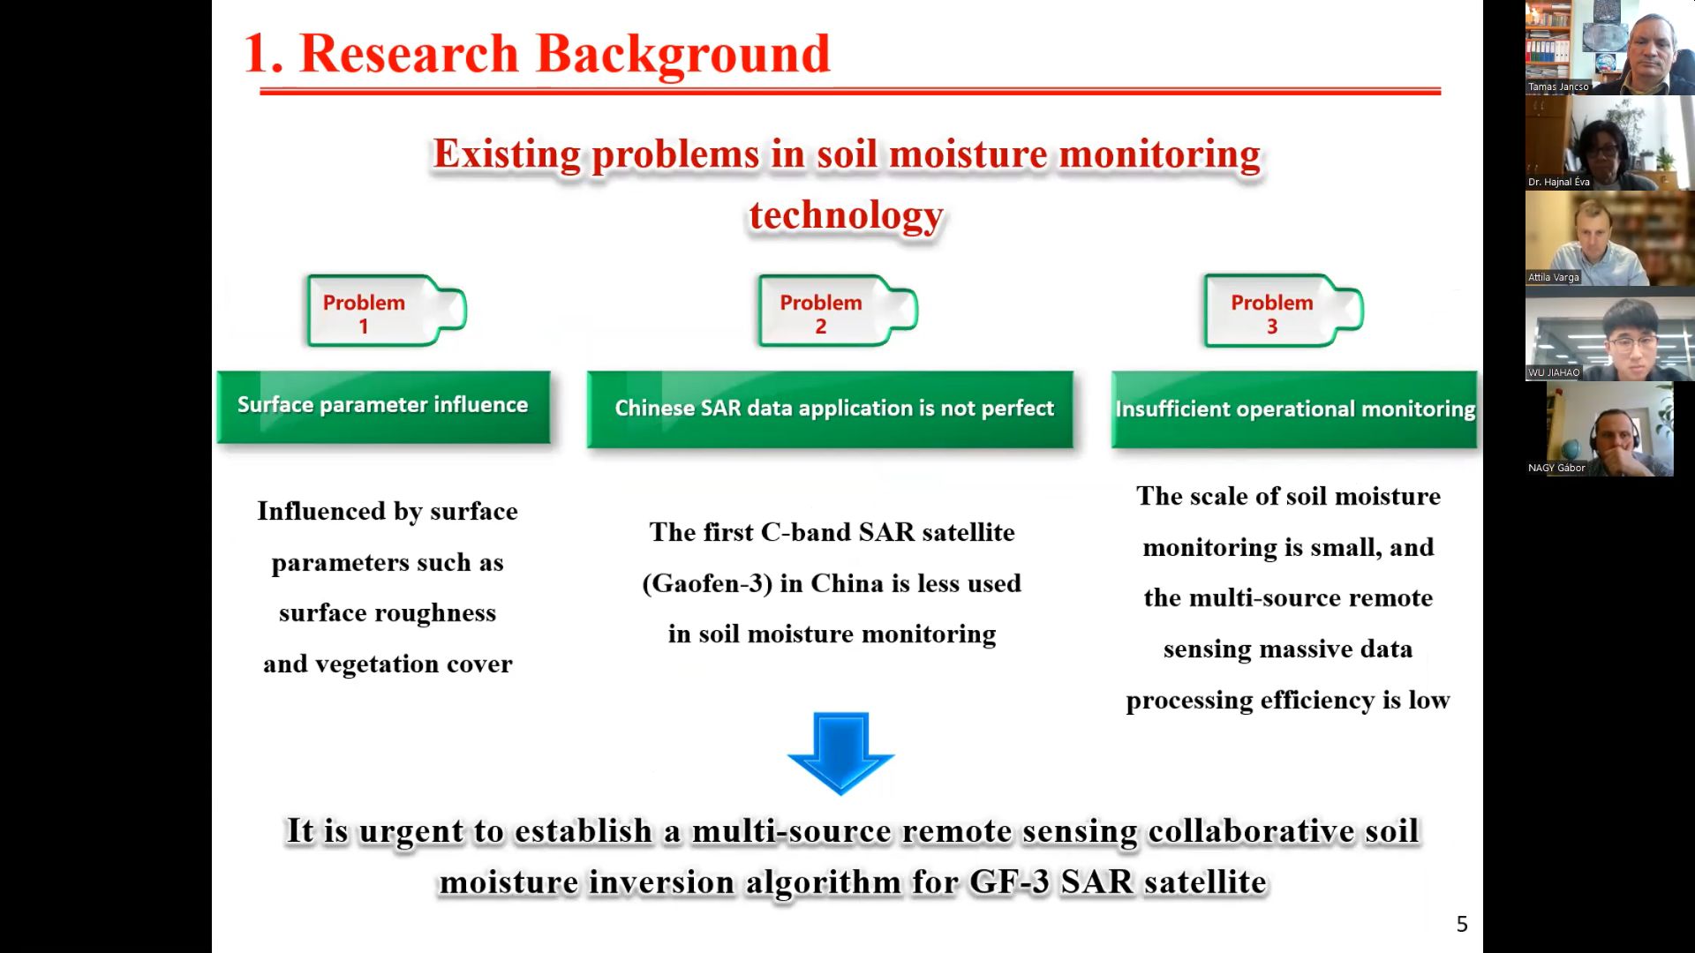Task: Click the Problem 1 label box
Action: [386, 311]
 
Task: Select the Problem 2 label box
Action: [838, 311]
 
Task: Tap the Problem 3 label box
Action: [1284, 311]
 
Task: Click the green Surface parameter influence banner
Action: [383, 407]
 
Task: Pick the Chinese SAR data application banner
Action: [830, 409]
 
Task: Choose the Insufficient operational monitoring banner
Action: [1294, 409]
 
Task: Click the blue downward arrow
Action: [840, 753]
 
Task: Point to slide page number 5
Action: [1462, 924]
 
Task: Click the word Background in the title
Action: [683, 55]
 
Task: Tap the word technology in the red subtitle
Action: [847, 215]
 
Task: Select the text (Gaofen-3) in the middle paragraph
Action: [707, 584]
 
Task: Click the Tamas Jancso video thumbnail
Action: [1610, 48]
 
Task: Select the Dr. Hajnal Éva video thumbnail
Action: [1610, 143]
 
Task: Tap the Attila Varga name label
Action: [1554, 277]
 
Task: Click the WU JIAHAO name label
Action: [1554, 372]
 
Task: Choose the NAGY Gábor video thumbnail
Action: [1610, 429]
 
